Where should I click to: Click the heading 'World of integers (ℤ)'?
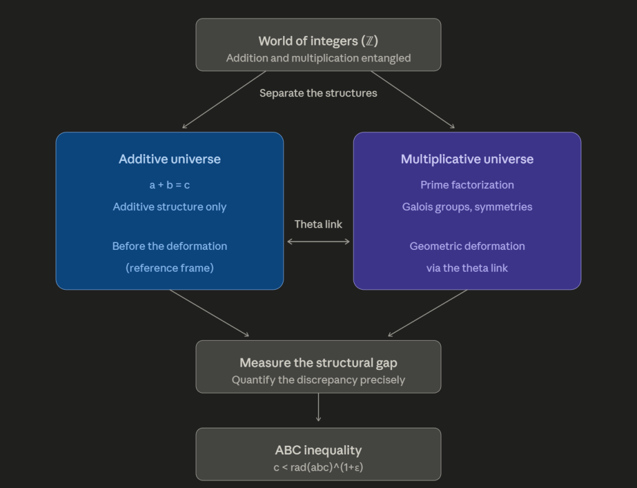pos(318,41)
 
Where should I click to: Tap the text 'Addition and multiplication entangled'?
pos(318,58)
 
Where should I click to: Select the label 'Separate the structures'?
pos(318,93)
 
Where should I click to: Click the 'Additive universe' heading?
pos(170,159)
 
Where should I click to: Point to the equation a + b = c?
pos(170,185)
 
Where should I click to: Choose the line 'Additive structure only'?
pos(170,207)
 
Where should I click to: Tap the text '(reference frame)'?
pos(170,268)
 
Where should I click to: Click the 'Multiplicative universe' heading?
pos(467,159)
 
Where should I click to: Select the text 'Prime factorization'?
pos(467,185)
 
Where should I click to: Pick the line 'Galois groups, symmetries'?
pos(467,207)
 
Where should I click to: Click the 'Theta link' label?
pos(318,224)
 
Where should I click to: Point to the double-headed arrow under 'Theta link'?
pos(318,242)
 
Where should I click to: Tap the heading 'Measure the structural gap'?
pos(318,362)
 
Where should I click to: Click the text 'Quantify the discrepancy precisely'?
pos(318,380)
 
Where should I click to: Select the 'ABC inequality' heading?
pos(318,450)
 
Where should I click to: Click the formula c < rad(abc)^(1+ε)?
pos(318,467)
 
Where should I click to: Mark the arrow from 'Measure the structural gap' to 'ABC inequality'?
pos(318,407)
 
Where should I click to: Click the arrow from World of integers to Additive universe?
pos(224,100)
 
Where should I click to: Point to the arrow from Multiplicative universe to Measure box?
pos(427,313)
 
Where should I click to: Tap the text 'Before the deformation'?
pos(170,246)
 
